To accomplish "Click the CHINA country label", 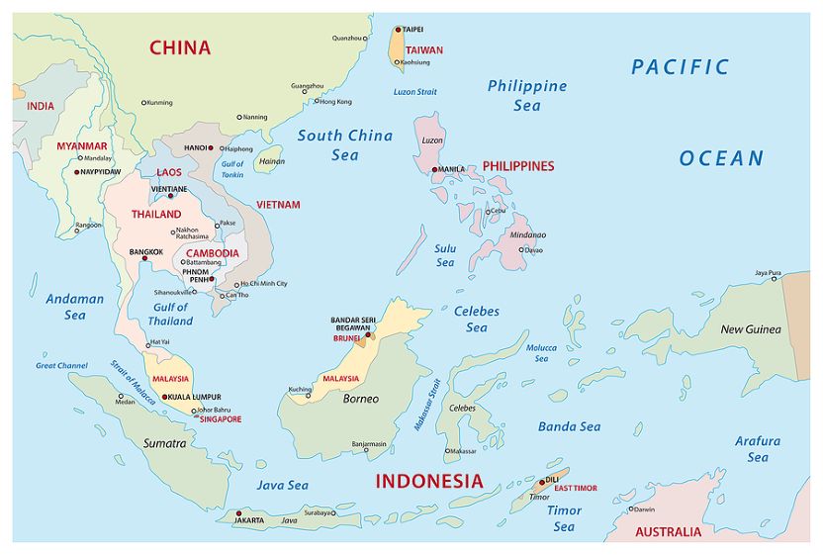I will tap(180, 46).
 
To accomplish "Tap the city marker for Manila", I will tap(434, 169).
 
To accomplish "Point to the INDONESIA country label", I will tap(429, 482).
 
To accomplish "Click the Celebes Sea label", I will tap(477, 319).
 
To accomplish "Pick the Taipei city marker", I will tap(399, 30).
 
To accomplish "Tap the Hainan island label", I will tap(271, 161).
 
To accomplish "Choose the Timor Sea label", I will tap(564, 518).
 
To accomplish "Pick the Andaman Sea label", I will tap(75, 307).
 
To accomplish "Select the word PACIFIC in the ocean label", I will tap(680, 67).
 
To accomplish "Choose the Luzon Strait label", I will tap(414, 92).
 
